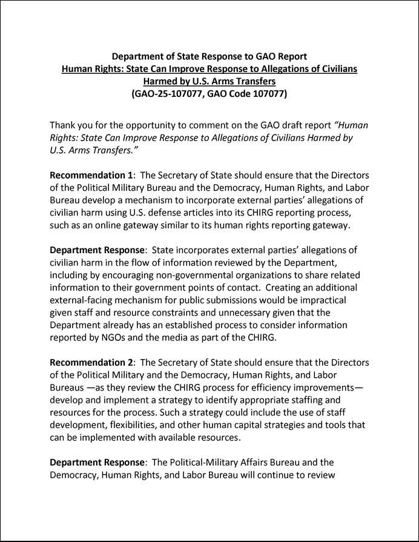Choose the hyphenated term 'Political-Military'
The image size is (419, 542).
tap(213, 463)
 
